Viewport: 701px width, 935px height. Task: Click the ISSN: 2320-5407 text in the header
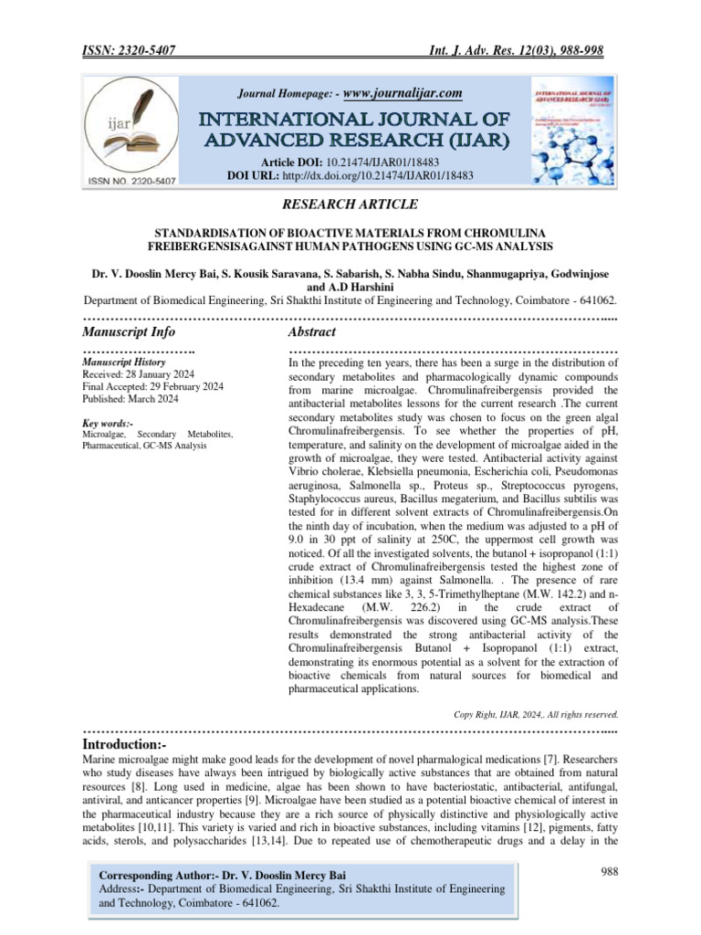click(x=136, y=52)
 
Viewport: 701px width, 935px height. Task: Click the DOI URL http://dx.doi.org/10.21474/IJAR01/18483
click(x=376, y=174)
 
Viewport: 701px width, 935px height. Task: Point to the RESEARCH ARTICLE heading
click(x=350, y=205)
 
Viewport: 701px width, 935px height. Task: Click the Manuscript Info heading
click(x=129, y=332)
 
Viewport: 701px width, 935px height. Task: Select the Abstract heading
click(x=312, y=332)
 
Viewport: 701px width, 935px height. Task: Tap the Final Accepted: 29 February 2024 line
click(x=152, y=387)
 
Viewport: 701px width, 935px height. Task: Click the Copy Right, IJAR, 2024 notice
click(x=536, y=714)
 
